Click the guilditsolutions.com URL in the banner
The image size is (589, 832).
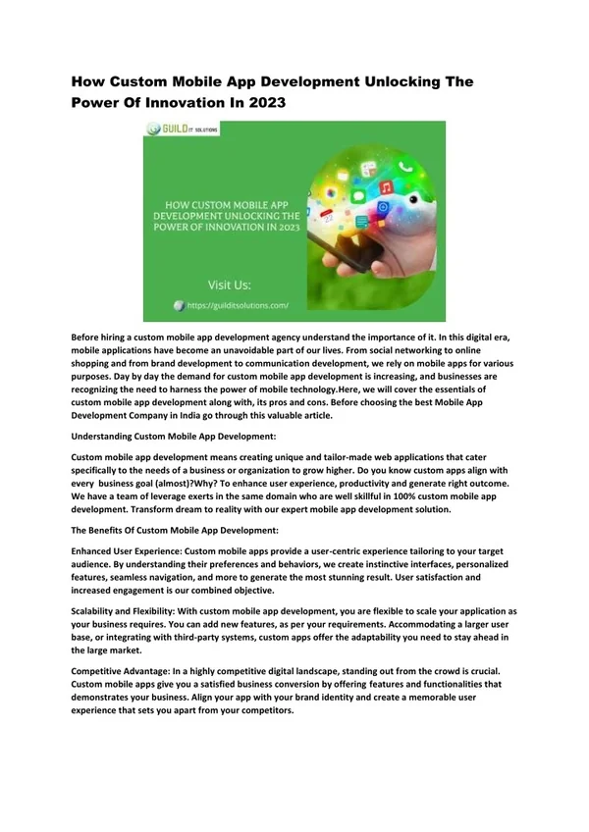pyautogui.click(x=238, y=305)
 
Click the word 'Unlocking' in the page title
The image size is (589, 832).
pyautogui.click(x=378, y=84)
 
